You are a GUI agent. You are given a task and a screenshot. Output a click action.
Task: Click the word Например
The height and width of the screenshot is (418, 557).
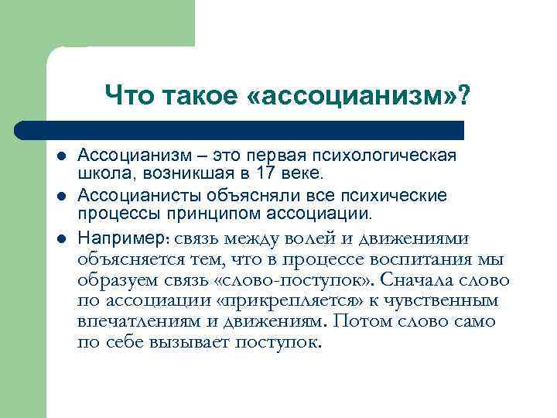click(119, 236)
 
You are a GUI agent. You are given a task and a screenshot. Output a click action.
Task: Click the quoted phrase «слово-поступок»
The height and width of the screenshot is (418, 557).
click(299, 279)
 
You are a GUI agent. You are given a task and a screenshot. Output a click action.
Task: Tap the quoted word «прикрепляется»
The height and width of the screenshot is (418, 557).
click(301, 300)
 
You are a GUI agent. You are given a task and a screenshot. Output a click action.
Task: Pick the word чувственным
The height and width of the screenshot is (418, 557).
click(454, 300)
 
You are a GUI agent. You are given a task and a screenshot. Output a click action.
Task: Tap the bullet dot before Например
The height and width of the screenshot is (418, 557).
click(61, 236)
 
